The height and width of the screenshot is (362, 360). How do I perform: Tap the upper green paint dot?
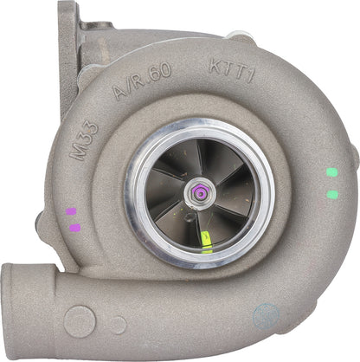click(x=331, y=172)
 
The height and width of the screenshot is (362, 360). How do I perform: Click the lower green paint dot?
click(x=332, y=194)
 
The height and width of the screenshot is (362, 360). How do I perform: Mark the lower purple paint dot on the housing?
click(x=74, y=228)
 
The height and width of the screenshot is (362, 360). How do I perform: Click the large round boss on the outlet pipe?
click(x=80, y=321)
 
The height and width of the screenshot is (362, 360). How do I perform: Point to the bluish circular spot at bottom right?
click(x=267, y=314)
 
